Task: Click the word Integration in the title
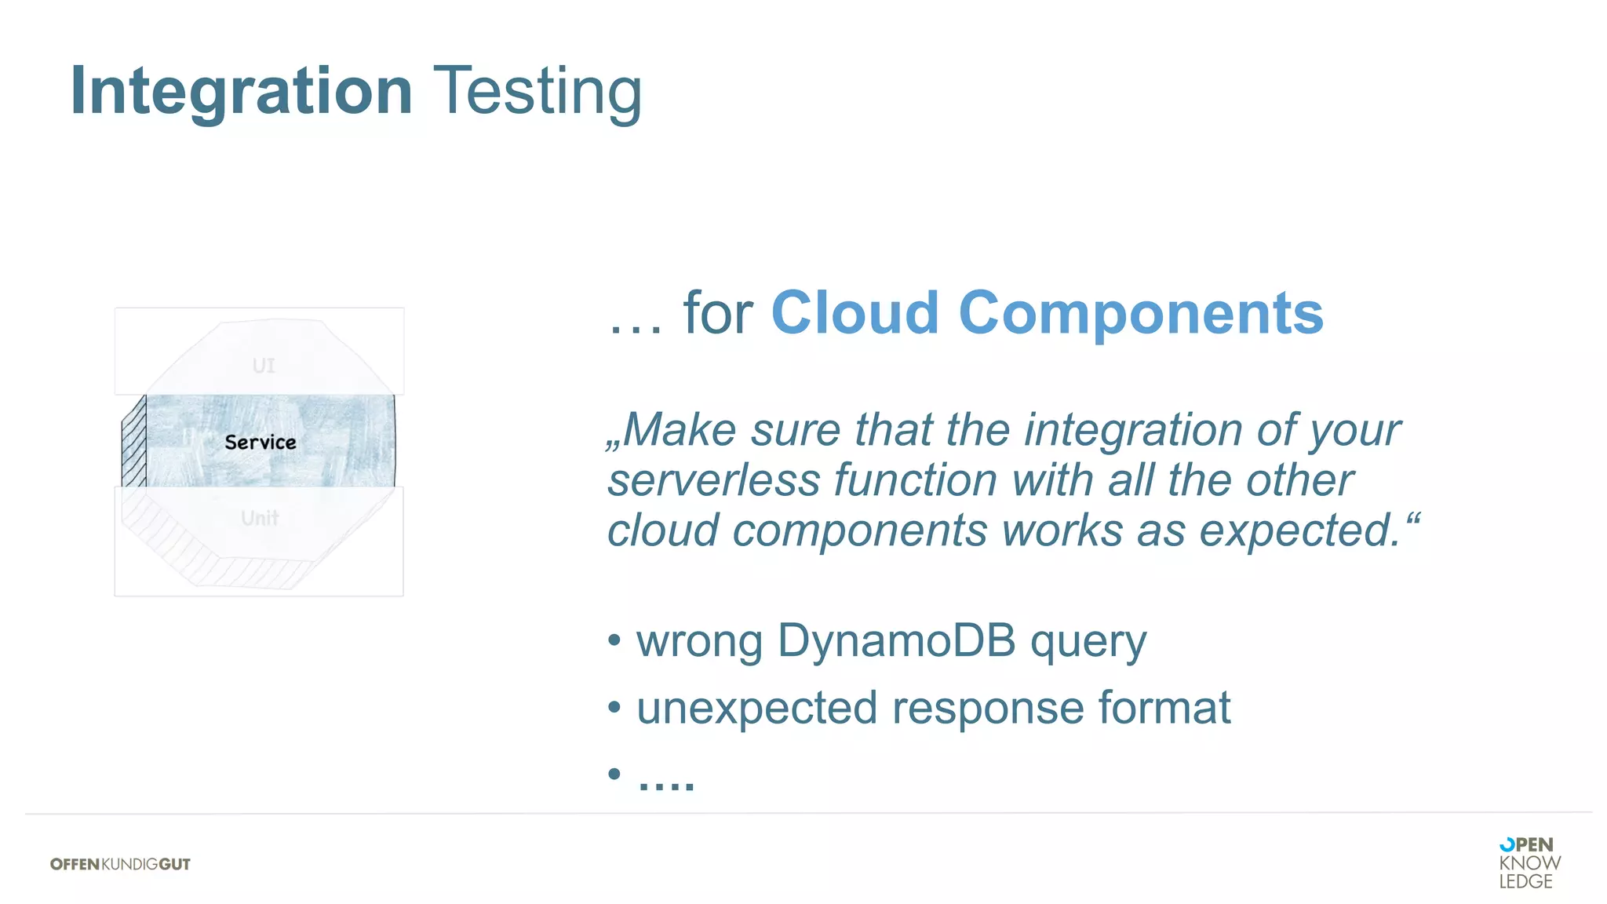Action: [241, 92]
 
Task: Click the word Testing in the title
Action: [537, 92]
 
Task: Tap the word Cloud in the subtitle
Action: [855, 313]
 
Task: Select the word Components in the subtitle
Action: [1141, 313]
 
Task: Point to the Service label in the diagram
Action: [261, 443]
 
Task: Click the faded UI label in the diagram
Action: [264, 366]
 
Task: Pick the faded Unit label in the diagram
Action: [260, 518]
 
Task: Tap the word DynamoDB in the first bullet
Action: [896, 640]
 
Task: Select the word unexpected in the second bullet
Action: [756, 709]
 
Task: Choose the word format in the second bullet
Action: [1164, 707]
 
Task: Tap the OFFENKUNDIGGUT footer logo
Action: [120, 864]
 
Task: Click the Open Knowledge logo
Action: [1529, 862]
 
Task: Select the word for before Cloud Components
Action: [717, 313]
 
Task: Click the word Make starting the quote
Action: [680, 430]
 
